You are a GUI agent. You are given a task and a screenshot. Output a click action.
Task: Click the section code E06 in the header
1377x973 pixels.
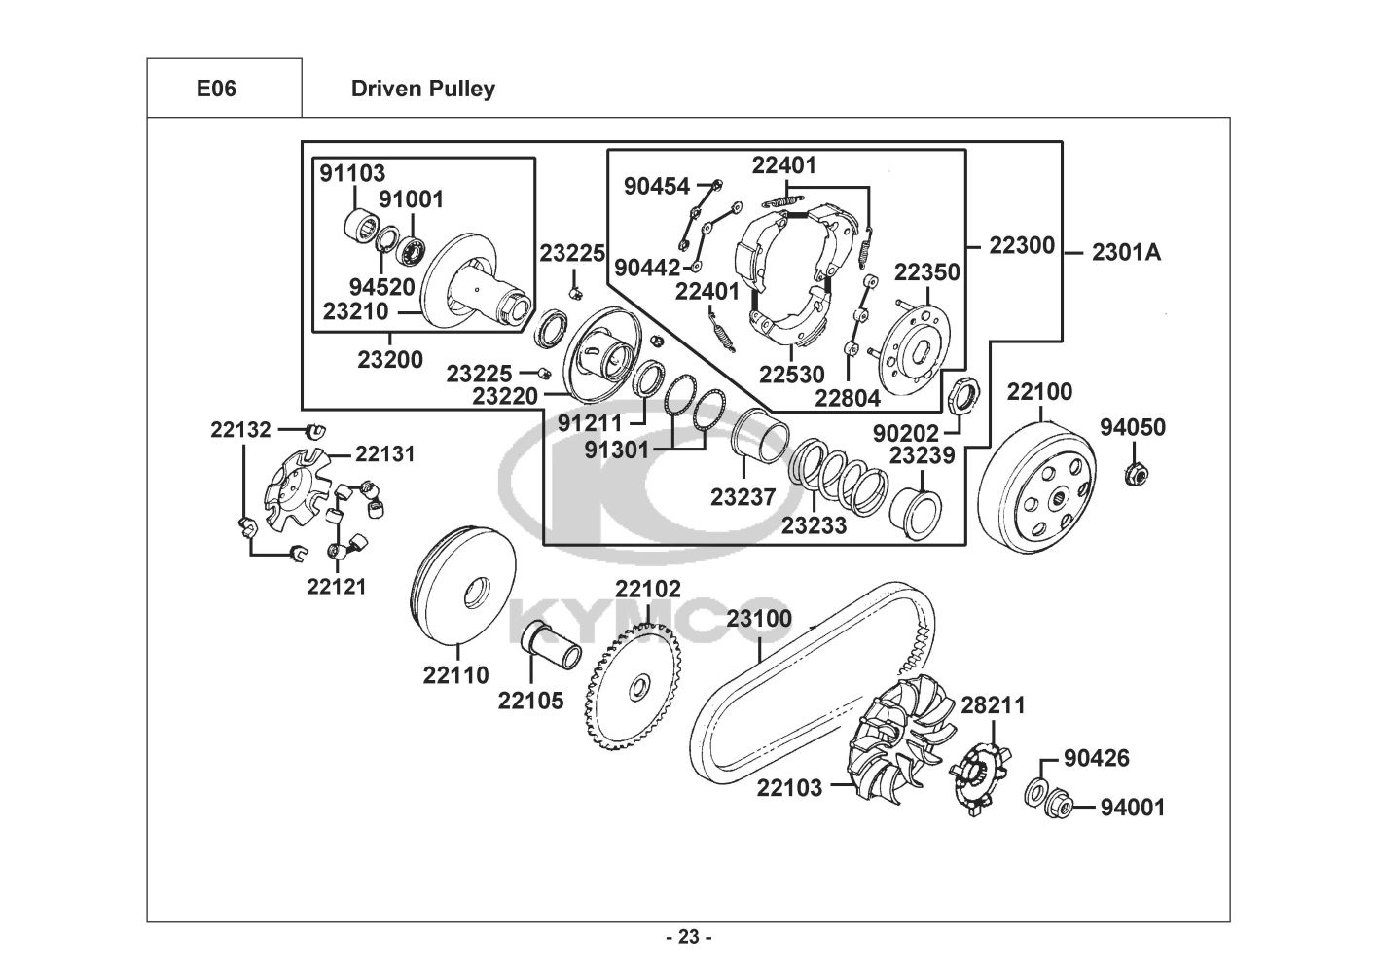216,89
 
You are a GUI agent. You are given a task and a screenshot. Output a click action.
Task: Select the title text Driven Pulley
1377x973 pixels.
422,89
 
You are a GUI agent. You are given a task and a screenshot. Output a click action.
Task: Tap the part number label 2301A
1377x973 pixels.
1126,253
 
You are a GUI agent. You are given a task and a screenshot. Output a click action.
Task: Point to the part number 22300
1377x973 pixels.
1022,245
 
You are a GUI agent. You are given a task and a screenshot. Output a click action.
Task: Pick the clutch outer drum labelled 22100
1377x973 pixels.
1038,488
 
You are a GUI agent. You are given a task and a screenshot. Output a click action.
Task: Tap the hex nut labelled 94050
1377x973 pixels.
1135,474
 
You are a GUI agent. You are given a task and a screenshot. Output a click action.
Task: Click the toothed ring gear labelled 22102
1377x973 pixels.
633,687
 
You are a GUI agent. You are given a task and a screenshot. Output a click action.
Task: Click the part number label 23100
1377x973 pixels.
759,619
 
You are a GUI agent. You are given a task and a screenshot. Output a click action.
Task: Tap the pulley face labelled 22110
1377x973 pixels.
464,585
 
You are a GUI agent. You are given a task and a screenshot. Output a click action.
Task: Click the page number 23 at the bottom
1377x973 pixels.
688,937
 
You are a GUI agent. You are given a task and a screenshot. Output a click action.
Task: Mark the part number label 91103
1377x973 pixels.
352,173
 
